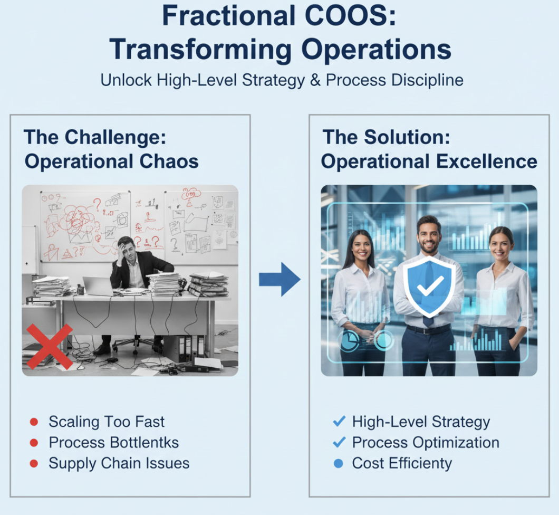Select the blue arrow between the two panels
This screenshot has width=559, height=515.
279,279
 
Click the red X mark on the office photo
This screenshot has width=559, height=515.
49,346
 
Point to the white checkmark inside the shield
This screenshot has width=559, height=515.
427,289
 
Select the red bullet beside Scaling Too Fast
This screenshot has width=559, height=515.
34,422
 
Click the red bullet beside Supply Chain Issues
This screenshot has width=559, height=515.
34,464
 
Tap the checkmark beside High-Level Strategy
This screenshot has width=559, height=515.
339,422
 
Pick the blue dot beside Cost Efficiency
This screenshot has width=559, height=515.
339,464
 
